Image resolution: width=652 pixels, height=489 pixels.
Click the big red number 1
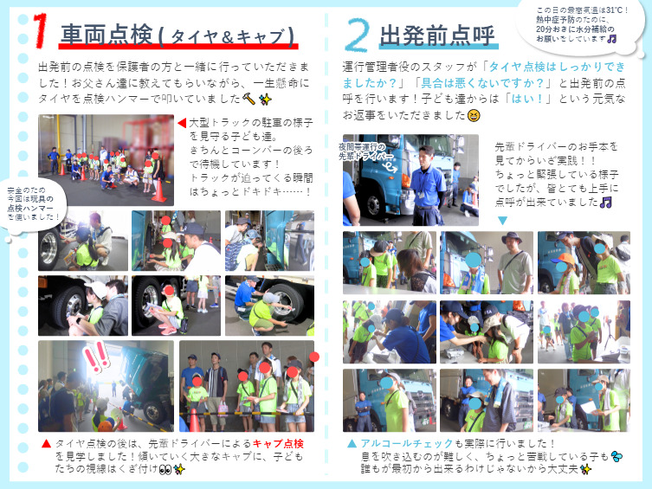pos(41,30)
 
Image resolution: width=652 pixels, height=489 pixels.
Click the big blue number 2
pos(358,35)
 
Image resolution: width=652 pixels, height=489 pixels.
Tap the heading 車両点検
pos(107,34)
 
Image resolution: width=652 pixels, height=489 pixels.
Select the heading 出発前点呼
pos(437,35)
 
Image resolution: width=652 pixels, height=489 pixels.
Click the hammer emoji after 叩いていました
pos(249,99)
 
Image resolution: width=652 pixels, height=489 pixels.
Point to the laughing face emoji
pos(474,115)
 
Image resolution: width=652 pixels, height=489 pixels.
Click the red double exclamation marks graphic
pos(96,357)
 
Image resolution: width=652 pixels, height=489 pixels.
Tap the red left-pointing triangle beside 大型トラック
pos(182,123)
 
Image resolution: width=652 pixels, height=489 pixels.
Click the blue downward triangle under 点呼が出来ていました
pos(502,221)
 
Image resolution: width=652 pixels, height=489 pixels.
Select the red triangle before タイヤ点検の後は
pos(46,444)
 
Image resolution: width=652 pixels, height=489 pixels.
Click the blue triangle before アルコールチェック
pos(352,444)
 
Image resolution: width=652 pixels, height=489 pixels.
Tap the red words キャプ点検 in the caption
pos(278,444)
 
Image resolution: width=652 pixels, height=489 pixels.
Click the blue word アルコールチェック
pos(407,443)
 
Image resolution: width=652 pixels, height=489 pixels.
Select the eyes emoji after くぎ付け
pos(165,469)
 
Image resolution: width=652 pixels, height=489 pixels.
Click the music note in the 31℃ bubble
pos(611,39)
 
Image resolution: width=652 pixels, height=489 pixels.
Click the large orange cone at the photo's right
pos(158,190)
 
